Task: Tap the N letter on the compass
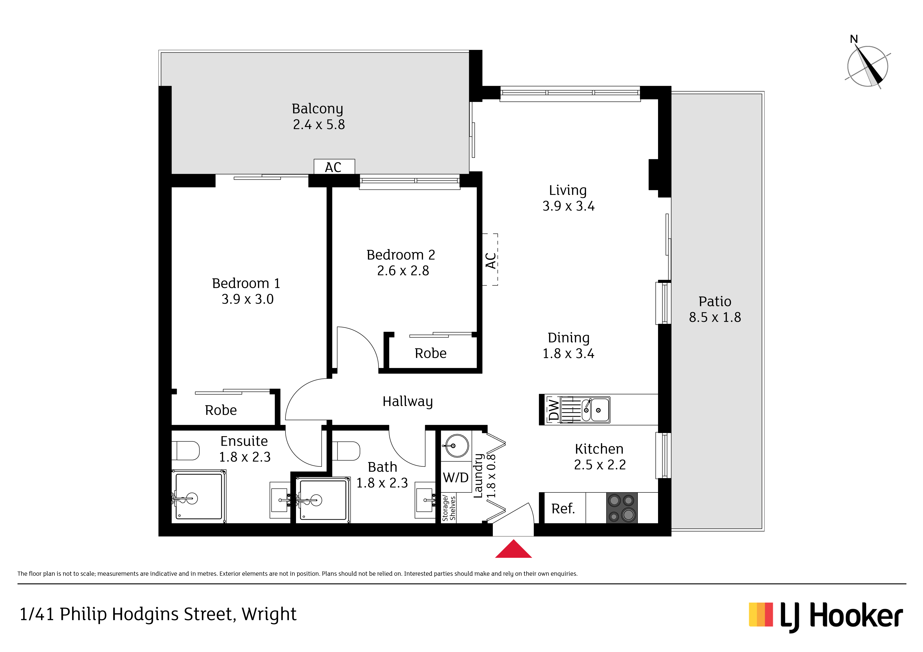pyautogui.click(x=854, y=39)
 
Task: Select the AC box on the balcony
pyautogui.click(x=334, y=167)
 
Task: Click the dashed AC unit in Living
pyautogui.click(x=490, y=259)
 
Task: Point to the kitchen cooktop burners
pyautogui.click(x=621, y=508)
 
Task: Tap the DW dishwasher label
pyautogui.click(x=554, y=409)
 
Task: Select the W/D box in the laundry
pyautogui.click(x=456, y=477)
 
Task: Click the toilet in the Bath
pyautogui.click(x=346, y=451)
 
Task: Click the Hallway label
pyautogui.click(x=408, y=401)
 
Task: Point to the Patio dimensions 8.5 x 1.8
pyautogui.click(x=715, y=317)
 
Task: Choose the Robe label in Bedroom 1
pyautogui.click(x=221, y=410)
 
